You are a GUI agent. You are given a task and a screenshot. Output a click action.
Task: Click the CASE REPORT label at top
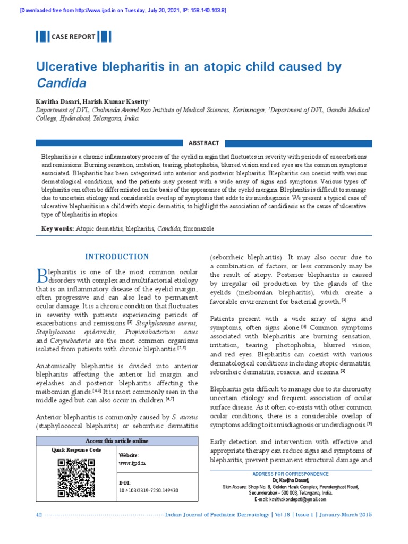(73, 37)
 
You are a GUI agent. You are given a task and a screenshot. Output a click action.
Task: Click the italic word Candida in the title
(61, 83)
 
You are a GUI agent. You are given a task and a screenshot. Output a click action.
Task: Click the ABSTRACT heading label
(203, 143)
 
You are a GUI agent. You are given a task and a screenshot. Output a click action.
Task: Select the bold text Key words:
(57, 228)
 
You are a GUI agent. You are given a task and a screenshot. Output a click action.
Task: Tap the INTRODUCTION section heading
(117, 257)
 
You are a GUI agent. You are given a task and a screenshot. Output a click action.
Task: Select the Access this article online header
(117, 441)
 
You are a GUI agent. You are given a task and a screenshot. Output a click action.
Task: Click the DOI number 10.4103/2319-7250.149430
(148, 490)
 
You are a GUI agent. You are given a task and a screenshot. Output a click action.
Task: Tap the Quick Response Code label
(76, 450)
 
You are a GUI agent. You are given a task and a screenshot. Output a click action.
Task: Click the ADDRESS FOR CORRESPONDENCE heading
(291, 474)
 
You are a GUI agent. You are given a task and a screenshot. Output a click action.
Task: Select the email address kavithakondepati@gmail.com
(291, 499)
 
